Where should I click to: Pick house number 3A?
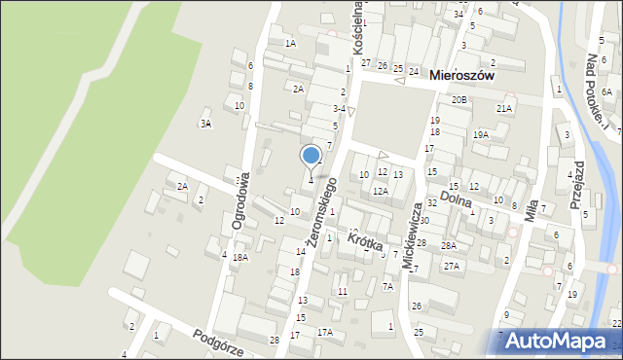coord(205,124)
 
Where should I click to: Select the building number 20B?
coord(458,100)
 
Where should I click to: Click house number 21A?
coord(503,109)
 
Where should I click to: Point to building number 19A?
coord(481,135)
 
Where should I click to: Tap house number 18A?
coord(239,257)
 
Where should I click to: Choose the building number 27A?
coord(451,266)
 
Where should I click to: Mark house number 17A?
coord(325,332)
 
